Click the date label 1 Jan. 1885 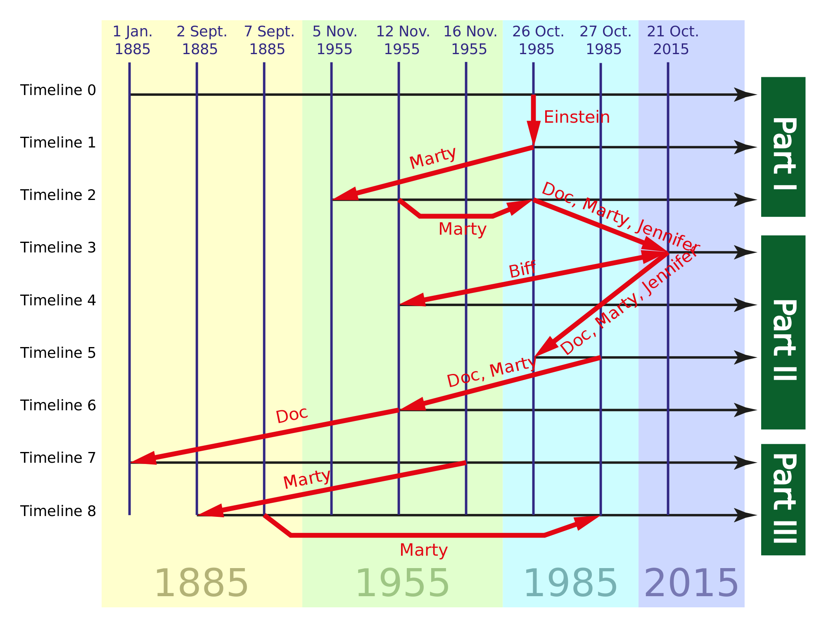[133, 40]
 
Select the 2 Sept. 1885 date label [201, 40]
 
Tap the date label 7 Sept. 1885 [268, 40]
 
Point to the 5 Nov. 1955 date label [335, 40]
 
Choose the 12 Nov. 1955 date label [403, 40]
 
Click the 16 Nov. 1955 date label [470, 40]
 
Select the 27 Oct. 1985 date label [605, 40]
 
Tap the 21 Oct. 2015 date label [672, 40]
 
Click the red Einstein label [577, 117]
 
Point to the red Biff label [522, 270]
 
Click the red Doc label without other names [292, 415]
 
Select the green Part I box [783, 147]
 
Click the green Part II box [783, 332]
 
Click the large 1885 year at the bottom [201, 583]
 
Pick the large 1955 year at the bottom [402, 583]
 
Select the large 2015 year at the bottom [691, 583]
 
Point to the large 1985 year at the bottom [570, 583]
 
